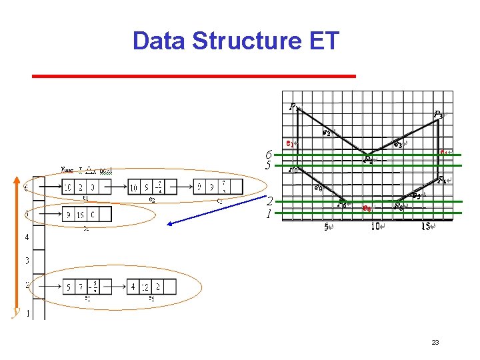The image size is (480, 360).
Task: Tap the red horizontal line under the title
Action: click(x=193, y=76)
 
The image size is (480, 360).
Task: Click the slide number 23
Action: click(x=435, y=343)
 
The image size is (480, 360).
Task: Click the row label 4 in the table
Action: click(x=27, y=237)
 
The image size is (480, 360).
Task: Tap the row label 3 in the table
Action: click(x=27, y=261)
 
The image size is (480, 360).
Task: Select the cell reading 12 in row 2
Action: click(x=152, y=287)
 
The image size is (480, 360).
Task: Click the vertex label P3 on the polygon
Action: click(x=438, y=115)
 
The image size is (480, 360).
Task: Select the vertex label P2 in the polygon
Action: click(x=368, y=159)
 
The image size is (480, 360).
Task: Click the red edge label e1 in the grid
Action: click(x=289, y=143)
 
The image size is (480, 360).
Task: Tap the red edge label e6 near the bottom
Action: click(x=367, y=209)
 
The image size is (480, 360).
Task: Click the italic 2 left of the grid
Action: click(x=269, y=202)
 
